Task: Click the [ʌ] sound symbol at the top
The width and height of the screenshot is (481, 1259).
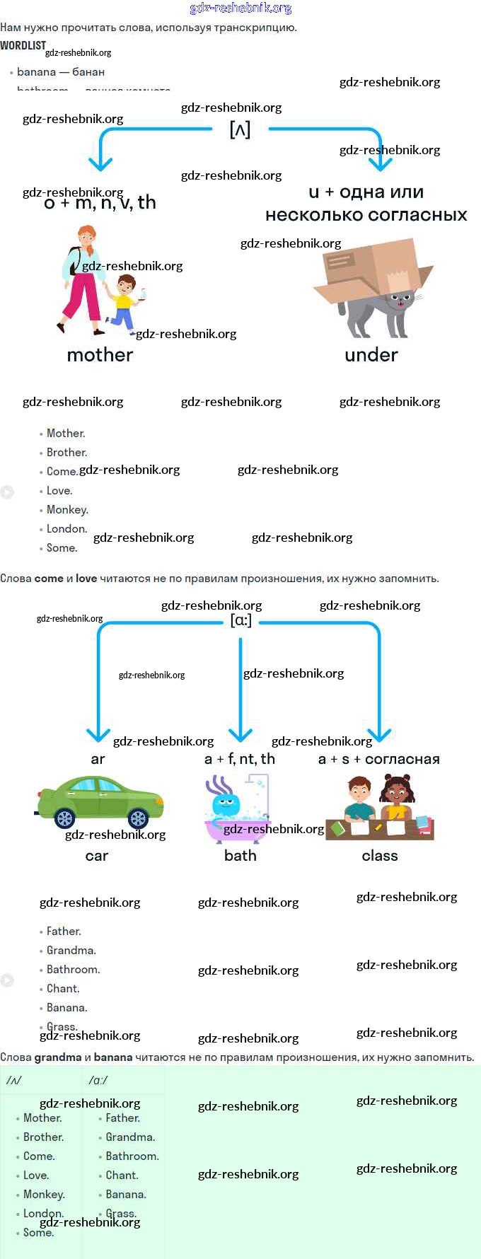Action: tap(240, 129)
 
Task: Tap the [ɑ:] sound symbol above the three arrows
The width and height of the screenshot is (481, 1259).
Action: tap(240, 620)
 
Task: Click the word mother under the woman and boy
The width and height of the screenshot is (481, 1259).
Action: tap(100, 355)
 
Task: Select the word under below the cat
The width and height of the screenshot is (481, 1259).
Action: tap(371, 355)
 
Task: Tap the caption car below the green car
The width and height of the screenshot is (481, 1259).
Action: tap(97, 856)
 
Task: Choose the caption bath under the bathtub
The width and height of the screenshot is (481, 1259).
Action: tap(240, 856)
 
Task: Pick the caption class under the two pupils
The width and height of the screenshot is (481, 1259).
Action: tap(380, 856)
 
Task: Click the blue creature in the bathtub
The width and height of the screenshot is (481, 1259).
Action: tap(226, 806)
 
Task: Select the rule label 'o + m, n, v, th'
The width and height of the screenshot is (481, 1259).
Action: tap(100, 203)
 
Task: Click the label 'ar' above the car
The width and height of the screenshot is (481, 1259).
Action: tap(98, 759)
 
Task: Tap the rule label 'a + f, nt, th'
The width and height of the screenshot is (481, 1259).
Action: tap(240, 759)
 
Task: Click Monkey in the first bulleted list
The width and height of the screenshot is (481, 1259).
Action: tap(67, 510)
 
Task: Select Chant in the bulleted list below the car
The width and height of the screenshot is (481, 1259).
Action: tap(63, 989)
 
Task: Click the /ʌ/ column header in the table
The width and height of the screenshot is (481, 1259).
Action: tap(14, 1080)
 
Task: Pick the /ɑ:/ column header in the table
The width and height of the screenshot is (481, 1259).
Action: tap(98, 1080)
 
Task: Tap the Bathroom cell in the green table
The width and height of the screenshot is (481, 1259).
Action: tap(132, 1156)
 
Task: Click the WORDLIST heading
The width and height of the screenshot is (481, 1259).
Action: tap(23, 46)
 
